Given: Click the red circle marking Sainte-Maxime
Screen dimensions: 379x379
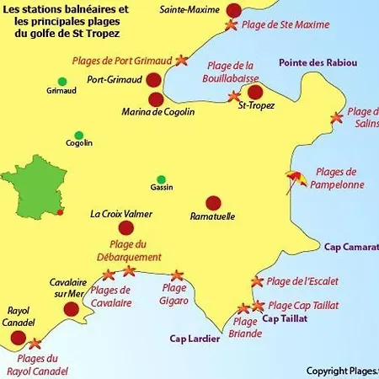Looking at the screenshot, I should coord(233,10).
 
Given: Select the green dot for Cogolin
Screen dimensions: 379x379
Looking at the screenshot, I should coord(78,135).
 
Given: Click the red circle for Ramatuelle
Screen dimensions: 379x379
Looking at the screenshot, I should coord(213,202).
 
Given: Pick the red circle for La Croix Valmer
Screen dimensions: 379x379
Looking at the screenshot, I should coord(126,227).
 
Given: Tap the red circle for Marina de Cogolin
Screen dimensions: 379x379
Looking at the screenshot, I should coord(156,99).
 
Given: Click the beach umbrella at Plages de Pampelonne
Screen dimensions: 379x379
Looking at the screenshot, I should coord(295,179).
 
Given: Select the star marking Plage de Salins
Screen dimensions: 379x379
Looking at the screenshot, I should coord(337,118).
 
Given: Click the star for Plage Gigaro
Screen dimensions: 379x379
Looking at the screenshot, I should coord(177,275).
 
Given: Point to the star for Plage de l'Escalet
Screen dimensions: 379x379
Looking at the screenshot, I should coord(257,281).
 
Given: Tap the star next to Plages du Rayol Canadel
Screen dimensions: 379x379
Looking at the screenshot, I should coord(35,344).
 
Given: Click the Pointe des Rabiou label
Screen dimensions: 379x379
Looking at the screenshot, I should coord(318,63).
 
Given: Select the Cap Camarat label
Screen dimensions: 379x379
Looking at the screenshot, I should coord(351,246).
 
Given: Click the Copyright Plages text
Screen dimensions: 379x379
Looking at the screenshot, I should coord(342,370).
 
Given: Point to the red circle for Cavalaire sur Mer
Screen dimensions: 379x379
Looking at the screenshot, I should coord(71,309).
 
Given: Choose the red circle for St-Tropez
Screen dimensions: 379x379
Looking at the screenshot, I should coord(255,92).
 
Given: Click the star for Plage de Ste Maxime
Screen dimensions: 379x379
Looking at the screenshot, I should coord(231,26).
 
